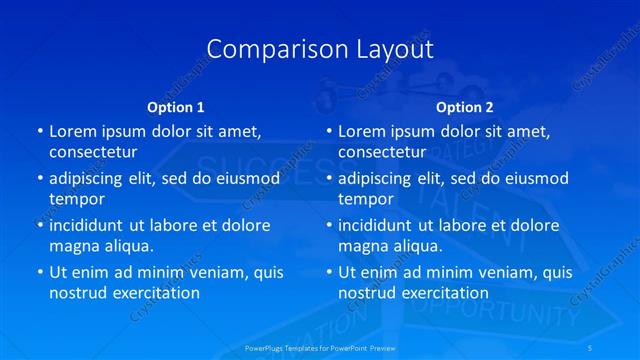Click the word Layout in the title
(394, 49)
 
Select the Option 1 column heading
(176, 106)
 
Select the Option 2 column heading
(465, 106)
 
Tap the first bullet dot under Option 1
(39, 131)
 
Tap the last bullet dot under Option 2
(328, 272)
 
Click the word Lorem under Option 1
(72, 131)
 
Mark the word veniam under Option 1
(209, 272)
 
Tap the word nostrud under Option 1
(77, 293)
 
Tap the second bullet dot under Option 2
(328, 178)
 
